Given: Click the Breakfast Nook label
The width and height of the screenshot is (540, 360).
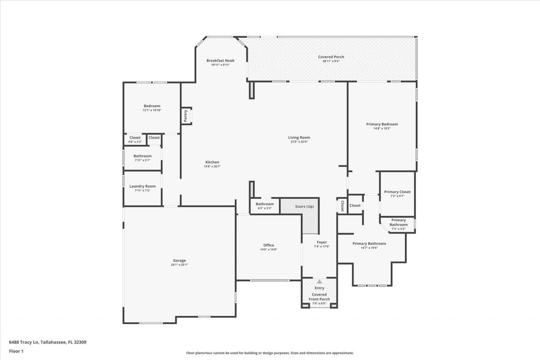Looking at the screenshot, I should click(220, 60).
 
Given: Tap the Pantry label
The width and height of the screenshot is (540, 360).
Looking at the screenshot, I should click(185, 115).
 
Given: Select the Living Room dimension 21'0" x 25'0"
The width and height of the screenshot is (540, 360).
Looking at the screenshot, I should click(299, 142).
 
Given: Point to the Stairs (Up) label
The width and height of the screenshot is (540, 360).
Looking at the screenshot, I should click(304, 206).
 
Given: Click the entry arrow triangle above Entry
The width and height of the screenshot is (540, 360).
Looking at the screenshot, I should click(319, 282).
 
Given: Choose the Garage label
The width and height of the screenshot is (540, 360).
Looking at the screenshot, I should click(179, 260).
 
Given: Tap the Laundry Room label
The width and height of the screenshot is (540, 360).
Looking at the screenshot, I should click(142, 186).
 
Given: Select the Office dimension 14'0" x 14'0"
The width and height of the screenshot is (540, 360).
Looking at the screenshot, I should click(269, 249).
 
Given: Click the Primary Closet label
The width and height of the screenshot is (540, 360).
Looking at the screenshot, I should click(397, 192).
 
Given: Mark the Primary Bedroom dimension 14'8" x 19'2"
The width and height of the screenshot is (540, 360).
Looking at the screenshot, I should click(382, 128).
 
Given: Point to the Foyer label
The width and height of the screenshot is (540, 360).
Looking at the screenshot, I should click(321, 242).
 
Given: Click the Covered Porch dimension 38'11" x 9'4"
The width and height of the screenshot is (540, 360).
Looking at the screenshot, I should click(331, 61).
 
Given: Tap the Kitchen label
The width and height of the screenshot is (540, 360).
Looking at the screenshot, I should click(212, 162).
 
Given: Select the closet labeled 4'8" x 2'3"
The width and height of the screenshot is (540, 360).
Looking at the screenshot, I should click(135, 139).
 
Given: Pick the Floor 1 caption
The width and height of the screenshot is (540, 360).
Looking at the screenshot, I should click(16, 351).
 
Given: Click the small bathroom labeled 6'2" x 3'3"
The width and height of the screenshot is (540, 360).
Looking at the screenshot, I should click(265, 206).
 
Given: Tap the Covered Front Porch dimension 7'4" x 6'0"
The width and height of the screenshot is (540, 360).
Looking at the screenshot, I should click(319, 303).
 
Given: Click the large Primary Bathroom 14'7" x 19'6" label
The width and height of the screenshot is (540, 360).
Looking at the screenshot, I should click(369, 244).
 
